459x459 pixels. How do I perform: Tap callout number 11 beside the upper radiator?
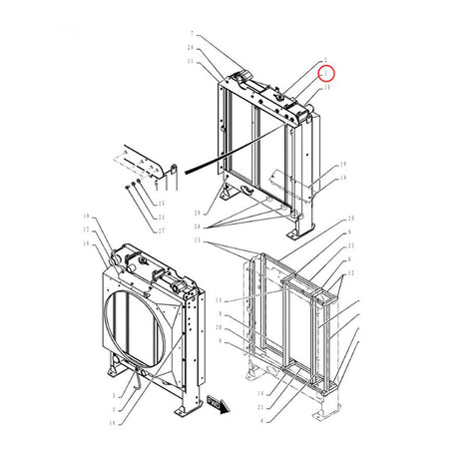(x=192, y=62)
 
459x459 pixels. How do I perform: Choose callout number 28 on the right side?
(x=349, y=219)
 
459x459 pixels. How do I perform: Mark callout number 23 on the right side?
(x=349, y=244)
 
